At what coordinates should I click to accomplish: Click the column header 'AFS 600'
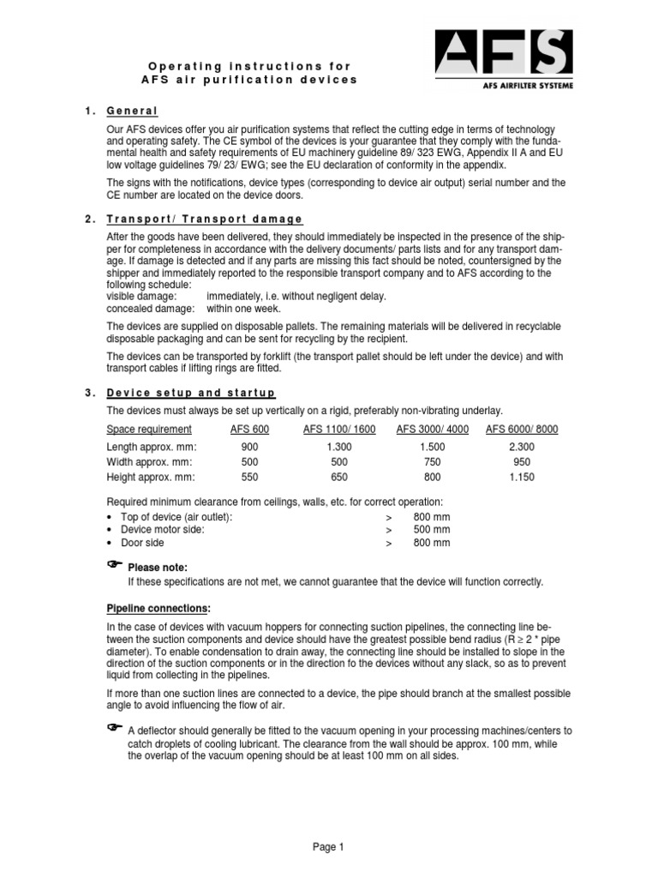click(x=249, y=430)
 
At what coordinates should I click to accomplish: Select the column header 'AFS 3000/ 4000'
click(x=432, y=430)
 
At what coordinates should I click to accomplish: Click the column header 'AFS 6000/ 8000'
click(x=522, y=430)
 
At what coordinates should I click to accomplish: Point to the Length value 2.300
click(x=522, y=448)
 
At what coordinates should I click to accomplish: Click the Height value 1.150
click(x=522, y=478)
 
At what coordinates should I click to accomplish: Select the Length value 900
click(x=249, y=448)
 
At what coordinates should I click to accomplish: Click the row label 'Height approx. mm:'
click(x=150, y=478)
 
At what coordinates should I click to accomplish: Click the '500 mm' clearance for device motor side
click(x=431, y=530)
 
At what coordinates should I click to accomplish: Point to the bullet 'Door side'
click(x=142, y=543)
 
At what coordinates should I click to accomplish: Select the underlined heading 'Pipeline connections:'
click(x=158, y=608)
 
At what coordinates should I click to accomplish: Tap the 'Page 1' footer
click(x=328, y=847)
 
